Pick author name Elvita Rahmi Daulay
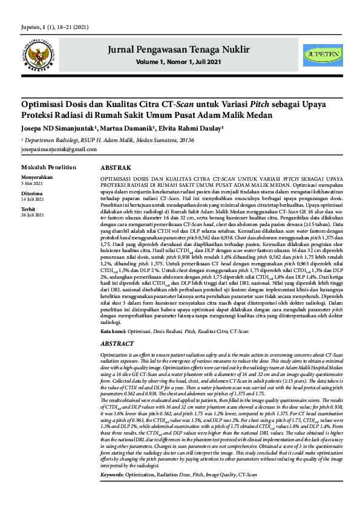[193, 129]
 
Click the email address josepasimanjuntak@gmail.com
[55, 148]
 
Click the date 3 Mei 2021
[31, 183]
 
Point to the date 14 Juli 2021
[33, 198]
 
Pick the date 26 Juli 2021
[33, 215]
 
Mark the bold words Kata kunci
[113, 332]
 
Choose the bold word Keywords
[112, 491]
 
